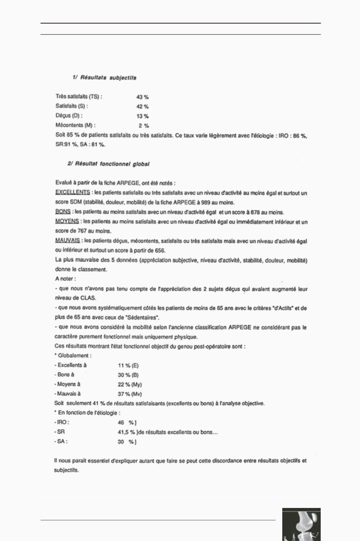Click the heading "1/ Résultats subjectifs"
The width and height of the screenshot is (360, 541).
(104, 78)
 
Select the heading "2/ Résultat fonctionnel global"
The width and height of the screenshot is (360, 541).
(109, 164)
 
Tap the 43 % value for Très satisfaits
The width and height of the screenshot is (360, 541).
(142, 97)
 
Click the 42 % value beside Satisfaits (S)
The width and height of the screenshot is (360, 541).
(142, 107)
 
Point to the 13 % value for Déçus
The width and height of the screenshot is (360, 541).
(142, 116)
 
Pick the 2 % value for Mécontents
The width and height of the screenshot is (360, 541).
(144, 126)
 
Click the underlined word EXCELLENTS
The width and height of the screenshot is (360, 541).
(72, 193)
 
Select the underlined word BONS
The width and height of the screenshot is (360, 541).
(62, 212)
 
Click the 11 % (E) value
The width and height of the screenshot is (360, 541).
(128, 366)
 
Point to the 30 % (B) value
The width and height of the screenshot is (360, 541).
(128, 375)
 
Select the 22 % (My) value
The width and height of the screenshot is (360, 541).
(130, 385)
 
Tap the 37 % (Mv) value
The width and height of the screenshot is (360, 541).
(130, 394)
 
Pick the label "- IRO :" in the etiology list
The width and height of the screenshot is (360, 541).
(62, 422)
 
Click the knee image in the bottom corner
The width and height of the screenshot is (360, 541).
(301, 524)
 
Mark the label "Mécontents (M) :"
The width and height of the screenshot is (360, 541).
(75, 126)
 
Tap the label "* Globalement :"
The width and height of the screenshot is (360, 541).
(73, 356)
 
